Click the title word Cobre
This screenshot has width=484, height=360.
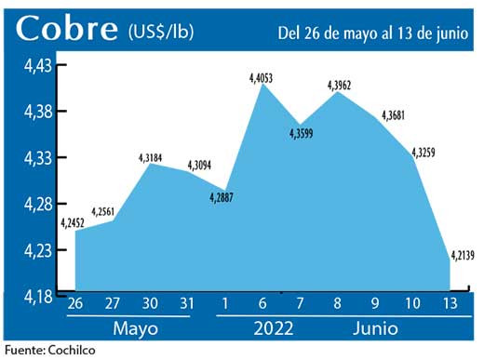pyautogui.click(x=65, y=29)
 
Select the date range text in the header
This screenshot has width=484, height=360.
pyautogui.click(x=370, y=33)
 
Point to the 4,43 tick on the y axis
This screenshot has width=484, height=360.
pyautogui.click(x=38, y=66)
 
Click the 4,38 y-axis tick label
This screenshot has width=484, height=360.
pyautogui.click(x=38, y=112)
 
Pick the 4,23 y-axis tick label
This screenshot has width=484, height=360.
pyautogui.click(x=38, y=250)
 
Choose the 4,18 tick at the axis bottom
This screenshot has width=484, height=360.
pyautogui.click(x=38, y=297)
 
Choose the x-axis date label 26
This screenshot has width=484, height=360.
pyautogui.click(x=75, y=304)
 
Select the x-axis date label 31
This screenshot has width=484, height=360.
pyautogui.click(x=187, y=304)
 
